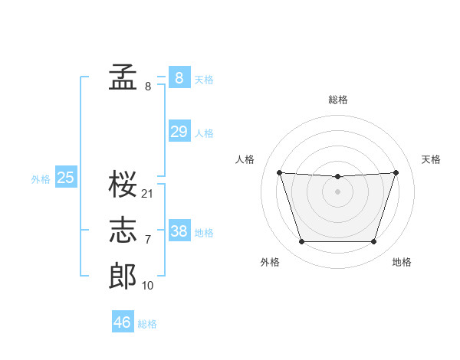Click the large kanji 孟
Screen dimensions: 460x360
coord(123,77)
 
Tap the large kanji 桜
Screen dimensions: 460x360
coord(123,184)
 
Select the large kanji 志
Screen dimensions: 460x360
coord(123,230)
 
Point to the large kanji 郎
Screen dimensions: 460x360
coord(123,276)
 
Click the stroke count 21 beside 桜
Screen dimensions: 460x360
coord(146,194)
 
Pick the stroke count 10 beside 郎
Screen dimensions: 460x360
coord(147,286)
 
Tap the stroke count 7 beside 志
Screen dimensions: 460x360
coord(148,240)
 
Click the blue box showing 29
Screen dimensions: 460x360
coord(179,131)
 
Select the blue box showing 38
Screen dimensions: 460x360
coord(179,230)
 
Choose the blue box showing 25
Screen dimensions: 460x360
coord(66,176)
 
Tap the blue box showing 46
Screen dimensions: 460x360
coord(123,321)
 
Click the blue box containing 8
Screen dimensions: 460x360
coord(179,77)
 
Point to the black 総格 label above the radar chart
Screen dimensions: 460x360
coord(338,100)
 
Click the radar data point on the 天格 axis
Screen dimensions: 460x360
coord(396,172)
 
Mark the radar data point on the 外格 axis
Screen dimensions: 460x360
coord(302,241)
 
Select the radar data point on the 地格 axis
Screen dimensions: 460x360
coord(373,241)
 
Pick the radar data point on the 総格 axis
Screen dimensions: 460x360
coord(337,176)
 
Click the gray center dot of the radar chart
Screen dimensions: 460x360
coord(337,191)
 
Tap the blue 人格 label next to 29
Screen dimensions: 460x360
coord(204,133)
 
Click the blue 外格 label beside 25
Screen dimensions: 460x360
coord(41,179)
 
